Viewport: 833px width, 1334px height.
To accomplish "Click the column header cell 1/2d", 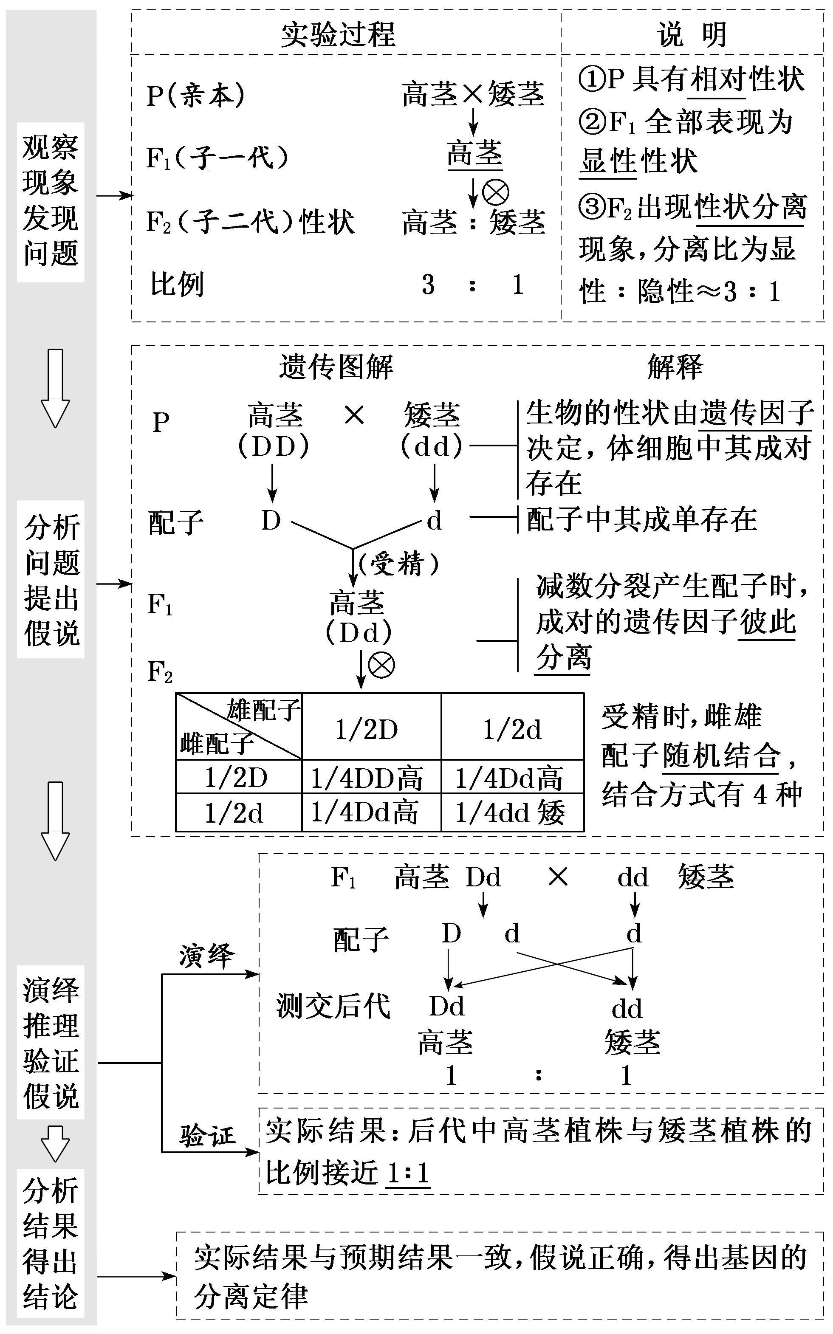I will pos(512,730).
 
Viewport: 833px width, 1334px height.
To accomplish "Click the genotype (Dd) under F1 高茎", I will pos(359,633).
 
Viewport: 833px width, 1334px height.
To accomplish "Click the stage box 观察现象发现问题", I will pos(51,201).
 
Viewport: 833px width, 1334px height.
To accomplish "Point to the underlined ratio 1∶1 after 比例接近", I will pos(408,1173).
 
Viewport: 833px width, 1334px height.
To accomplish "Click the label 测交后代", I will pos(333,1006).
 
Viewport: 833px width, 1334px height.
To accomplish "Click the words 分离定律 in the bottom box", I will pos(251,1297).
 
